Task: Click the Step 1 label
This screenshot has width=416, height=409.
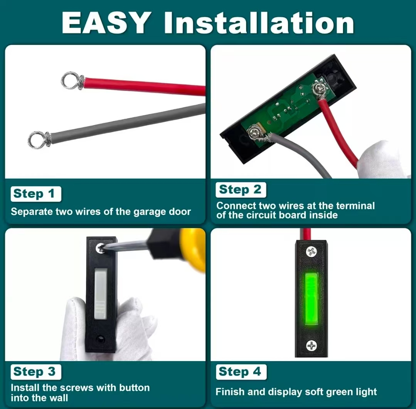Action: tap(36, 194)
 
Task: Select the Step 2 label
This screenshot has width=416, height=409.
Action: tap(241, 190)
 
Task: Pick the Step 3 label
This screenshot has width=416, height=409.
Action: tap(36, 372)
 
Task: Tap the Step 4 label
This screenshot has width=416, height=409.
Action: tap(241, 372)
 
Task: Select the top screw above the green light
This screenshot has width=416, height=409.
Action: tap(312, 251)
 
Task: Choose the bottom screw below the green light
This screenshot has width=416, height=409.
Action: tap(311, 345)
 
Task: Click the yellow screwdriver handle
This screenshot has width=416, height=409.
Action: tap(193, 249)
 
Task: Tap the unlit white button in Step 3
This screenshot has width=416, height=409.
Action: tap(101, 293)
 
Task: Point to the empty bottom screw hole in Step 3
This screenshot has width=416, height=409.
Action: tap(100, 339)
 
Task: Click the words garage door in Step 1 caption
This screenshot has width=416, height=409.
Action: tap(162, 212)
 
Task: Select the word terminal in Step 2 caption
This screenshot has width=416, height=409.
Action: tap(355, 206)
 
